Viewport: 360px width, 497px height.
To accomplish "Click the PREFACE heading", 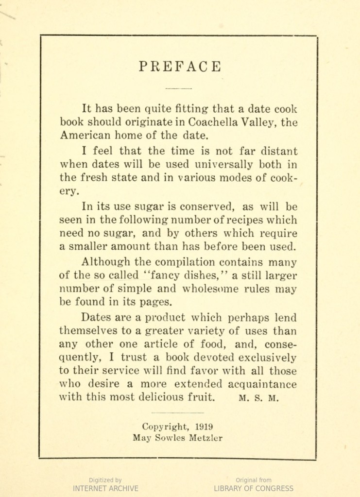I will [x=180, y=67].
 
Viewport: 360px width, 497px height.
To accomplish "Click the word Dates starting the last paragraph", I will [x=96, y=318].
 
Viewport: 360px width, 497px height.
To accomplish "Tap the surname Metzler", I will [x=203, y=437].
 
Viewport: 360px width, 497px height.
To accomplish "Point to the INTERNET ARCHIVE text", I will [x=105, y=488].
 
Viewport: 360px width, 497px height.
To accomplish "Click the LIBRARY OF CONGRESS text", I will [x=254, y=488].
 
